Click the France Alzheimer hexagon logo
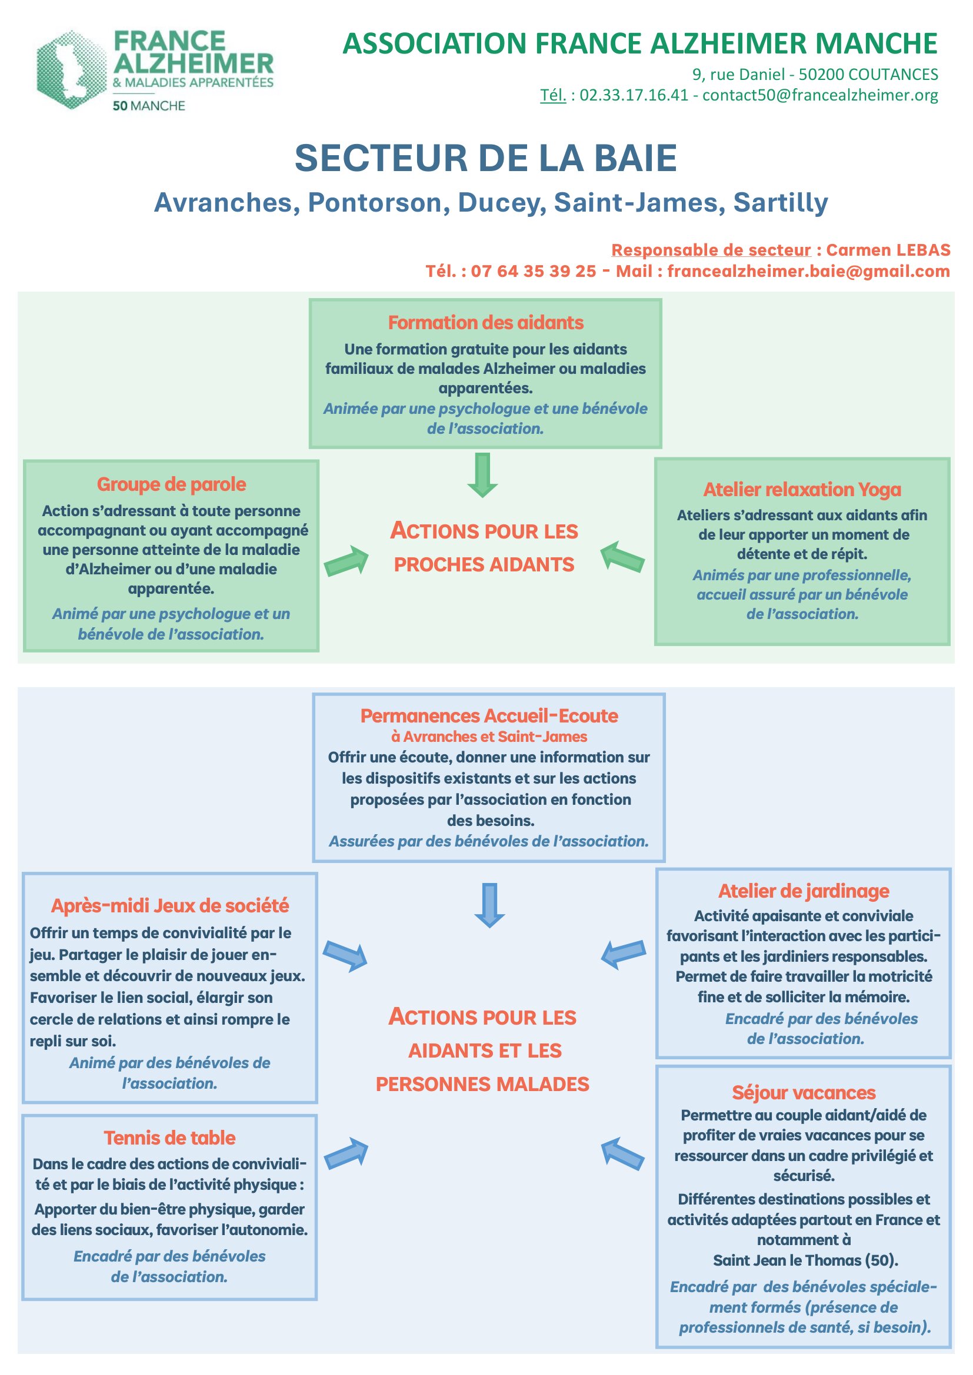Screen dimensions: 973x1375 tap(71, 69)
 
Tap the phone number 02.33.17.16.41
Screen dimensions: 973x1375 tap(634, 95)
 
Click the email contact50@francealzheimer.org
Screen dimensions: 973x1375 tap(820, 95)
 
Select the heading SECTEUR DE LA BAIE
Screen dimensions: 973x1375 tap(486, 158)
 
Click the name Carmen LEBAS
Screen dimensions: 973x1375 tap(888, 250)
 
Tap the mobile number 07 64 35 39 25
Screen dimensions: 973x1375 tap(533, 271)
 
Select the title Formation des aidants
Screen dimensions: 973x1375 tap(485, 322)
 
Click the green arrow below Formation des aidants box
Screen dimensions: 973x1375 tap(482, 475)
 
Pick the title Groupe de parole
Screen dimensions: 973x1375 tap(171, 484)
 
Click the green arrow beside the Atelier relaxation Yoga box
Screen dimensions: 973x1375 tap(622, 557)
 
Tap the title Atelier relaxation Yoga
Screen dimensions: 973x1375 tap(802, 489)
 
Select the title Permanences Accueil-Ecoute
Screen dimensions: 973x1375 tap(489, 715)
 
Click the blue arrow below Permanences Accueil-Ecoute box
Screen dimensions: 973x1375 tap(489, 905)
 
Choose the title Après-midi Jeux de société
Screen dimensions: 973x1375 tap(170, 905)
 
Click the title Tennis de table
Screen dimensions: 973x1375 tap(169, 1138)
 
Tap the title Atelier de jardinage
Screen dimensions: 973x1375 tap(804, 891)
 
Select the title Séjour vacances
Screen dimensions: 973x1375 tap(804, 1092)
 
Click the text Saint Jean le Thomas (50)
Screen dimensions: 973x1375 tap(805, 1260)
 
